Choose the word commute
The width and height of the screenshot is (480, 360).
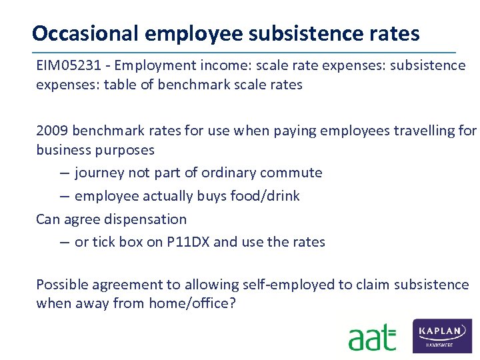tap(289, 173)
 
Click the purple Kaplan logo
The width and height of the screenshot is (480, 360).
tap(443, 335)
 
